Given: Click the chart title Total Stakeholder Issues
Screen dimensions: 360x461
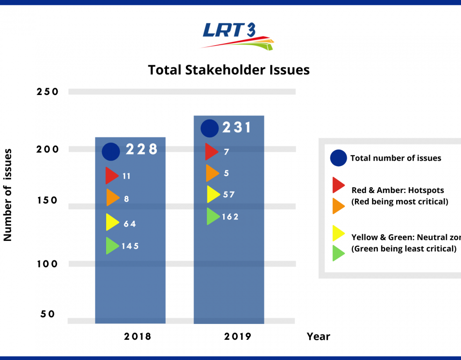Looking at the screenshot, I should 229,70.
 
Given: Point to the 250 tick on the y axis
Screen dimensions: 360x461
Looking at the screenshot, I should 48,92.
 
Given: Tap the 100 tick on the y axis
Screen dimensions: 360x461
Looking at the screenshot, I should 48,264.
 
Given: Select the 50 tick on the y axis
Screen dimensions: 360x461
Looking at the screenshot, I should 48,314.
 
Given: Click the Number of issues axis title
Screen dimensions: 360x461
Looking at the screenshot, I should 8,194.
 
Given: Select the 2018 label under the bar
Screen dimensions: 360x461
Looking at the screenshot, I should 137,336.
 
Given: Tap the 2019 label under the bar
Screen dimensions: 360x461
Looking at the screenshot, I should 237,336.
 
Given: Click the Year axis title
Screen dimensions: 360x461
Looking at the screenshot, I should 318,336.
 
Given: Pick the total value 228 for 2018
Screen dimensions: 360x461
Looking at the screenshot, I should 142,149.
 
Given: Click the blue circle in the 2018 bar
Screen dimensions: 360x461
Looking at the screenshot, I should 111,152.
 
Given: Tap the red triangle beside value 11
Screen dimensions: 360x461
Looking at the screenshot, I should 111,176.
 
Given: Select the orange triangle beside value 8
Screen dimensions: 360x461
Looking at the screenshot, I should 112,197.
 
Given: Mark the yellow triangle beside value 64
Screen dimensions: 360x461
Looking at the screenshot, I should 112,222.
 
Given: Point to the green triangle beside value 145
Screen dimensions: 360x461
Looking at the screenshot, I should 112,245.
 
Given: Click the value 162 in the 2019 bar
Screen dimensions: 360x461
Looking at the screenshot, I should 230,217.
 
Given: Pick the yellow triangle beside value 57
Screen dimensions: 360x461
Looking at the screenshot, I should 213,194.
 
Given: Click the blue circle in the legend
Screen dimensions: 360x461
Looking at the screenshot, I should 339,158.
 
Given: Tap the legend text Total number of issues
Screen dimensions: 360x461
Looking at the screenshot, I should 396,158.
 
